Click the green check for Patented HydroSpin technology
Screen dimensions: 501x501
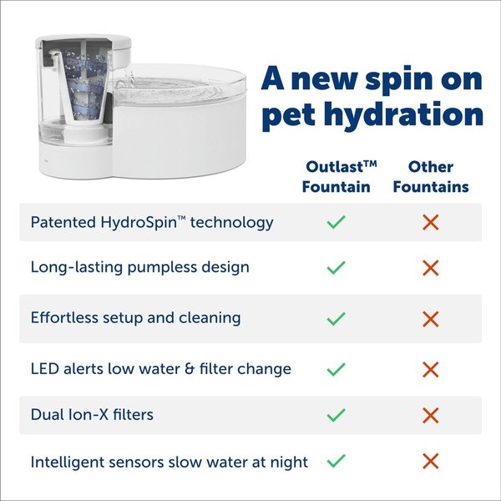[337, 222]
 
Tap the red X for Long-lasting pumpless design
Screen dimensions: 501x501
[431, 268]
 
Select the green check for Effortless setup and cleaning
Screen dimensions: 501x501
[337, 318]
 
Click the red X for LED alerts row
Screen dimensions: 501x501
[431, 368]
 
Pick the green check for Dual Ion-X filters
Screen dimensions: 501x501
[337, 414]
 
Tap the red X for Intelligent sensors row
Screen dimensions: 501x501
[431, 460]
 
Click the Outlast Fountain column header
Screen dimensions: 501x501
[337, 176]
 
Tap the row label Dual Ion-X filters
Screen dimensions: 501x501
[92, 414]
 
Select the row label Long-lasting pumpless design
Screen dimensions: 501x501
[139, 268]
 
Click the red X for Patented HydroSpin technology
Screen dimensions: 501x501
[431, 222]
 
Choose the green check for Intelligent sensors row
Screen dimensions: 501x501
[337, 460]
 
